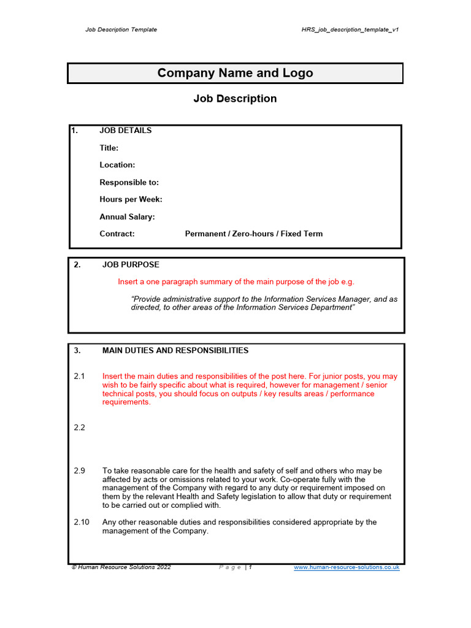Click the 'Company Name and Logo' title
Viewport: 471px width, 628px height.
(235, 73)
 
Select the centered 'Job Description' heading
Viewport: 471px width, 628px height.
(235, 99)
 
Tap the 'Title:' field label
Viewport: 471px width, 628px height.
(109, 148)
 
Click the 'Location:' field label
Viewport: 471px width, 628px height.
(117, 165)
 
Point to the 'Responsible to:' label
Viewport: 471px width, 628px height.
(129, 182)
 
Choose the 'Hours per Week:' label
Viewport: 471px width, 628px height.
(131, 199)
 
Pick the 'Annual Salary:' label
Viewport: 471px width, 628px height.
(127, 216)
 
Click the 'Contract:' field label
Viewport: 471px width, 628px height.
(117, 234)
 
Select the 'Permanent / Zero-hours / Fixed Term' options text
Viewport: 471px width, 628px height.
(253, 234)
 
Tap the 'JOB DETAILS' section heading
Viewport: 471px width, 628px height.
(125, 131)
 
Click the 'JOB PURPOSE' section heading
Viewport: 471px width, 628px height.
(131, 265)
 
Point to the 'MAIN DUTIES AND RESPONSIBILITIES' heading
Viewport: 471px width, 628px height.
(175, 351)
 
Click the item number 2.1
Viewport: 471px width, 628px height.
(79, 377)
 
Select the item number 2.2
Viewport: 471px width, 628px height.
(79, 427)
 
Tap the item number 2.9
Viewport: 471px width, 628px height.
(79, 471)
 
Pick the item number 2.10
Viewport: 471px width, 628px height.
(82, 523)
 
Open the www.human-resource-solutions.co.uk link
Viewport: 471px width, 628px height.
(347, 567)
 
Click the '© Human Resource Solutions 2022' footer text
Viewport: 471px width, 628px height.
(121, 567)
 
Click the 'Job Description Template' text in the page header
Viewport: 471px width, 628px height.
(121, 29)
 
